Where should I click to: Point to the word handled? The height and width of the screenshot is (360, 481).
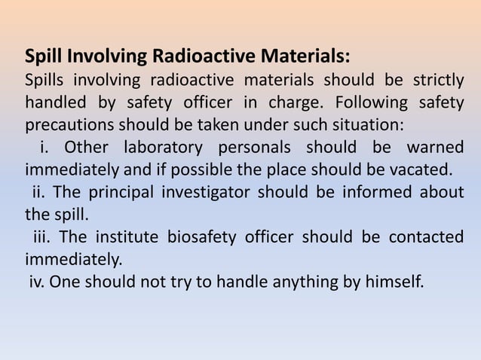click(54, 102)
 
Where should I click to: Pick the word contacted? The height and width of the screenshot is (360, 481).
click(426, 238)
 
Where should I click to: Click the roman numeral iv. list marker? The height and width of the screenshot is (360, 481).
click(38, 282)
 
